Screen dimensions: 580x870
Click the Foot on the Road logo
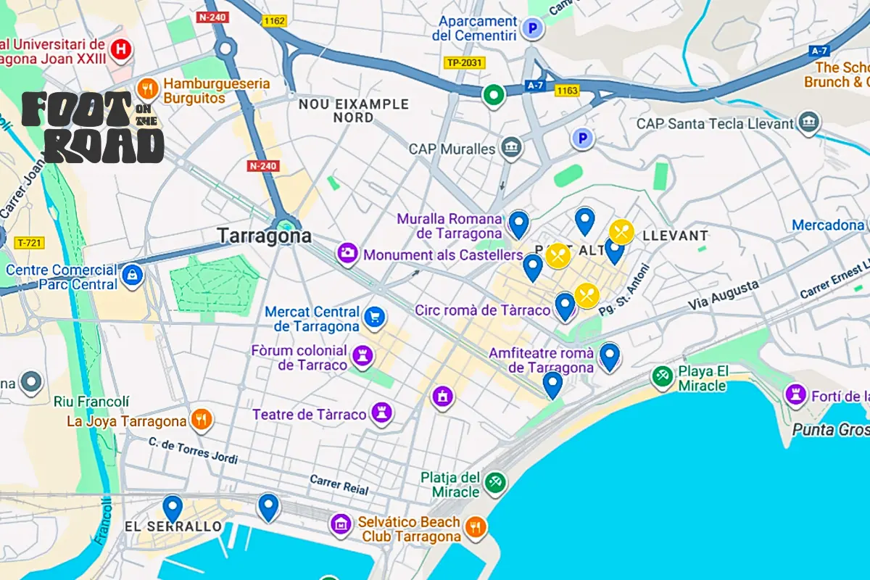coord(93,128)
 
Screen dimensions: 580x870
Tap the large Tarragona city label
coord(265,236)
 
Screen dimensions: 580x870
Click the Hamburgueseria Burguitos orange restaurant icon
coord(147,89)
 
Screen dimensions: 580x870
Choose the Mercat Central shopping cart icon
coord(375,316)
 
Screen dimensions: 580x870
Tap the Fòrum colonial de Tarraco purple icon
coord(362,356)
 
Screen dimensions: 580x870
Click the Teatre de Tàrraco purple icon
coord(381,413)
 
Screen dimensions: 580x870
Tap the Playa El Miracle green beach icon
coord(661,376)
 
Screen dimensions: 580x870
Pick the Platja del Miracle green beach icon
coord(495,483)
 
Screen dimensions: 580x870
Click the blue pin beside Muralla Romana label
coord(518,223)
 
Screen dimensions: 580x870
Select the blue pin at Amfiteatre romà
coord(610,355)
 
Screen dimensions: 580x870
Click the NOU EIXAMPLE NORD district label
coord(354,111)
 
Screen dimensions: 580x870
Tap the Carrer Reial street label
coord(339,484)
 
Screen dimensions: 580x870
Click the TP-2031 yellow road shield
coord(463,63)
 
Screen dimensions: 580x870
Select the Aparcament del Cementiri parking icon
coord(534,29)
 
